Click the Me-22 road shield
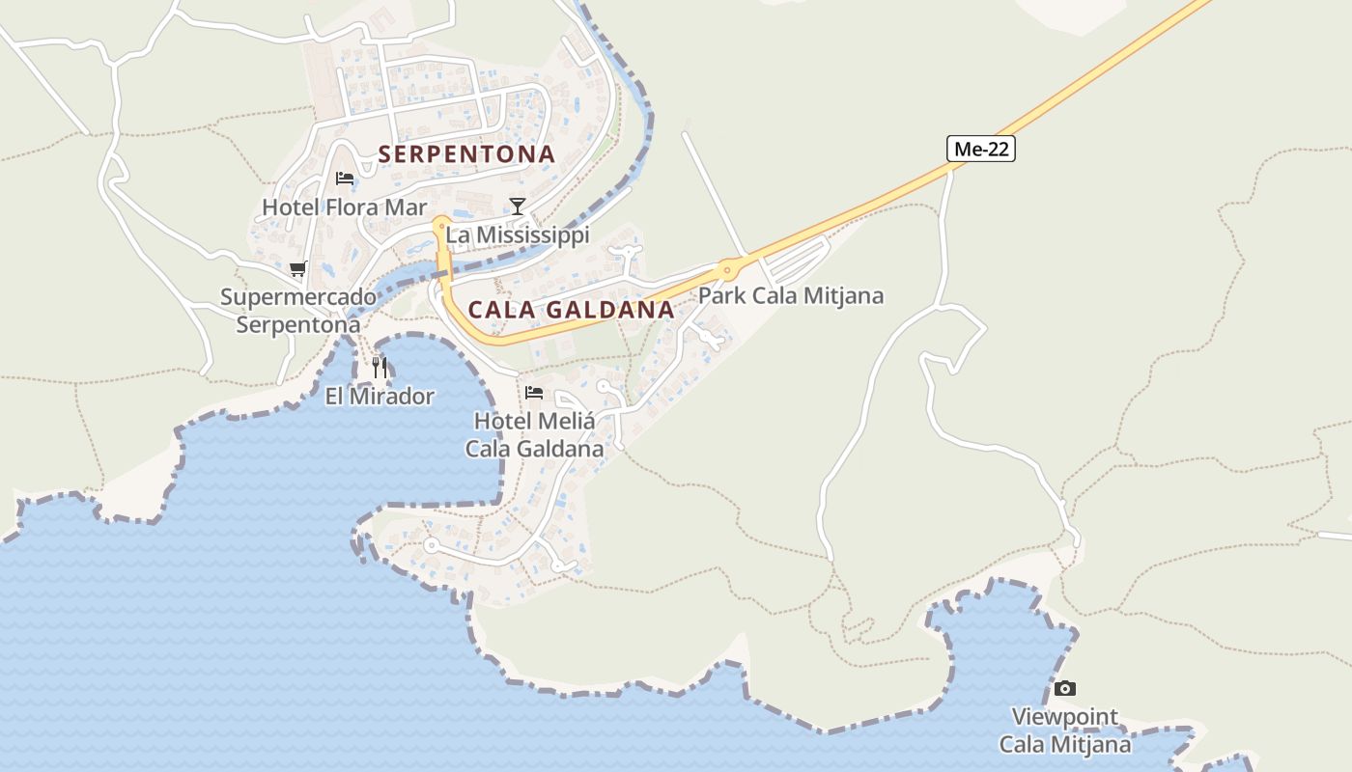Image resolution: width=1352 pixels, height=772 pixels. [980, 149]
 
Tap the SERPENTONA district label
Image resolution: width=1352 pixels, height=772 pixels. [466, 154]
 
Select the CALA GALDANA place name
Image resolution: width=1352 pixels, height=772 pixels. [571, 310]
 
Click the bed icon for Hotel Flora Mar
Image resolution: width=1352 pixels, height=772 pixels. [344, 178]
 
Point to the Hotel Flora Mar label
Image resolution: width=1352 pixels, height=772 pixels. [344, 207]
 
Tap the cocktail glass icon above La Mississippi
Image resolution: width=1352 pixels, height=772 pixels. [518, 206]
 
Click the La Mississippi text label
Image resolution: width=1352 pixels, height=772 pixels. [518, 234]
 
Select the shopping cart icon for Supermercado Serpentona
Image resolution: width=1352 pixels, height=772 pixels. [297, 268]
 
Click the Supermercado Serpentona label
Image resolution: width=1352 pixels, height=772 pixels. [298, 310]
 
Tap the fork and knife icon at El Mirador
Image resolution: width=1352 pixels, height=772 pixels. [380, 367]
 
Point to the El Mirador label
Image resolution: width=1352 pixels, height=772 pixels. [380, 396]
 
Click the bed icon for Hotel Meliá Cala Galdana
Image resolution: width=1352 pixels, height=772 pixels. [534, 393]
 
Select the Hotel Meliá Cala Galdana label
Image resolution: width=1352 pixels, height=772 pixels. [534, 434]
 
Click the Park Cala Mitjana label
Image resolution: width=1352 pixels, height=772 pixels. [790, 295]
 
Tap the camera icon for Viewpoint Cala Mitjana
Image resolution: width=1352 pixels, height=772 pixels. [1064, 688]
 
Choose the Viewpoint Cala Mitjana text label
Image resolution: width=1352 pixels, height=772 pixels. [1064, 731]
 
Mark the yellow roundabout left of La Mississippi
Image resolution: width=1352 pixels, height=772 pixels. [441, 225]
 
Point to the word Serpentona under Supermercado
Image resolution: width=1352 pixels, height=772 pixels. [298, 324]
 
